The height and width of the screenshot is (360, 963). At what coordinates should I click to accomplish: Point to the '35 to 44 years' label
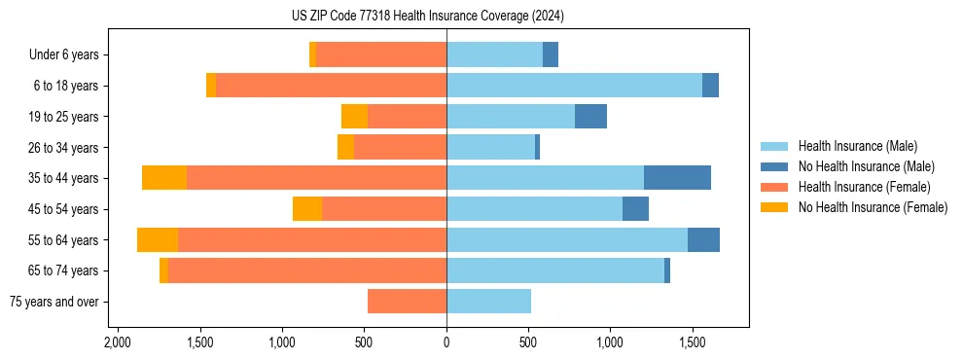coord(64,178)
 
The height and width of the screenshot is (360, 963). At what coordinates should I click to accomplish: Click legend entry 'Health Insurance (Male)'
coord(857,146)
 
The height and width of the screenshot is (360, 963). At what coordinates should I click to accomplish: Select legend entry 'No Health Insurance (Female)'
coord(873,207)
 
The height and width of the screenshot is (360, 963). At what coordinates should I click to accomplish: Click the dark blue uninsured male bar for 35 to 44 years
coord(677,178)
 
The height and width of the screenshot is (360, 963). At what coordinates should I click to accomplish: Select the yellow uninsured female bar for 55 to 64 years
coord(158,239)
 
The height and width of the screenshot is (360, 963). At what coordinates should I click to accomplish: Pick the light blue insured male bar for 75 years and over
coord(488,302)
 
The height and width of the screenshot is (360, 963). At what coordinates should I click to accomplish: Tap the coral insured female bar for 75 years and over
coord(407,302)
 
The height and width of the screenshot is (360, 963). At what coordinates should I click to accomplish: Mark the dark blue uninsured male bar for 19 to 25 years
coord(590,117)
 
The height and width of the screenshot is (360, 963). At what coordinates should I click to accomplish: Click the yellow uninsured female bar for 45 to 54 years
coord(307,209)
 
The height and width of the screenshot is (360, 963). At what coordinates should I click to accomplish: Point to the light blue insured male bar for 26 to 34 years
coord(490,148)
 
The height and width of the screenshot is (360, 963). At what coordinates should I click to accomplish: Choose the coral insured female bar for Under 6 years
coord(381,55)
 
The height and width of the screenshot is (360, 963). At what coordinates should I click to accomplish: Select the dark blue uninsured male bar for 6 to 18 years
coord(710,86)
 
